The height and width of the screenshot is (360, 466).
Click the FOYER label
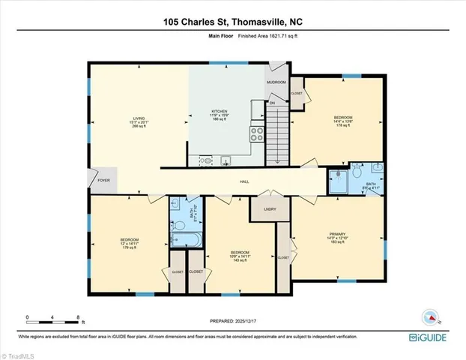tap(103, 181)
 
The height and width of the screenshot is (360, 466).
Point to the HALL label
tap(244, 181)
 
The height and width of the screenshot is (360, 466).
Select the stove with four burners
tap(256, 135)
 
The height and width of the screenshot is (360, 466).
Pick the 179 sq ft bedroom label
tap(130, 242)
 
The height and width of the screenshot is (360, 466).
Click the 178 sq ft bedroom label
tap(344, 121)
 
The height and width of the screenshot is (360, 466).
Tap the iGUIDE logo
tap(429, 338)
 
